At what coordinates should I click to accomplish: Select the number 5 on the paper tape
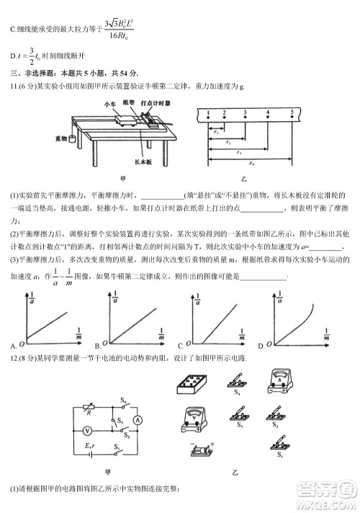pos(292,114)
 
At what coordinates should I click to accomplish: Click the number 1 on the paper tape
pos(208,114)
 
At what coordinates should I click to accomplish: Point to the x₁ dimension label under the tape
pos(215,132)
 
